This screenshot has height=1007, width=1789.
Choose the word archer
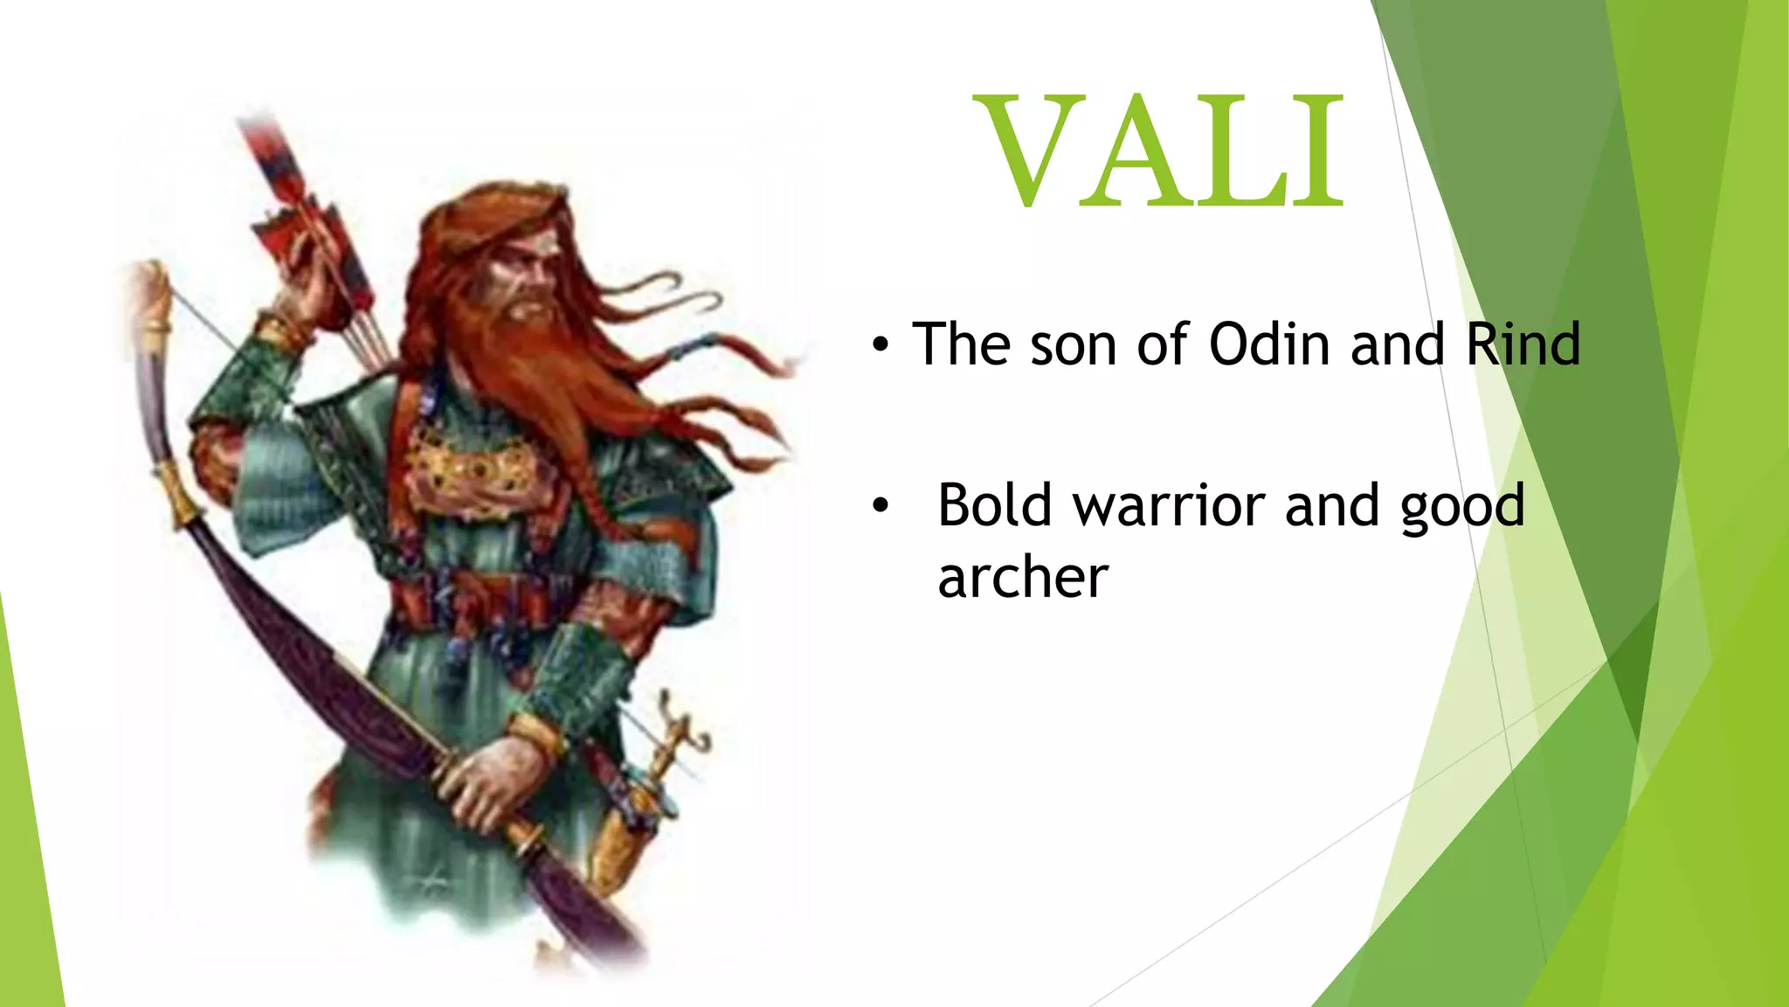1022,579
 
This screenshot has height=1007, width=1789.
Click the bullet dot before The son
881,347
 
